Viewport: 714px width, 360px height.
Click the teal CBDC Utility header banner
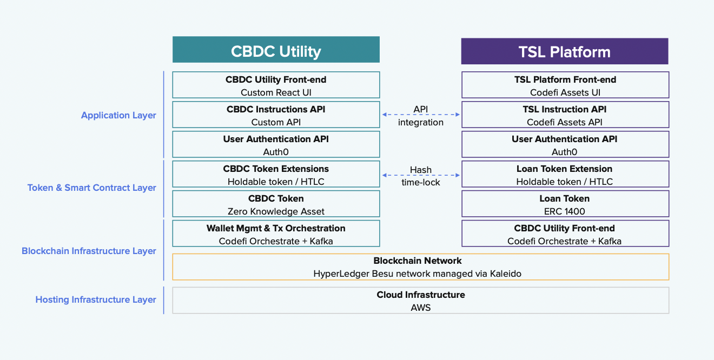pyautogui.click(x=276, y=51)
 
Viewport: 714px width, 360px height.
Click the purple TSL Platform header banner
pyautogui.click(x=564, y=52)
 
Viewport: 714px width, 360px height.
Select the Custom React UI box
pyautogui.click(x=276, y=85)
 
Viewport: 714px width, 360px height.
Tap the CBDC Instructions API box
pyautogui.click(x=276, y=115)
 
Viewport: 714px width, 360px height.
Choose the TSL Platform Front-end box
pyautogui.click(x=565, y=85)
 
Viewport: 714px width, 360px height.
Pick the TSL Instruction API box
pyautogui.click(x=565, y=115)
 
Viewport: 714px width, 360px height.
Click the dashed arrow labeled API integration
pyautogui.click(x=420, y=115)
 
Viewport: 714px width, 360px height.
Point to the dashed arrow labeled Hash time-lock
pyautogui.click(x=420, y=175)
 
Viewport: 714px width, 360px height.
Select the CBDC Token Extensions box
pyautogui.click(x=276, y=175)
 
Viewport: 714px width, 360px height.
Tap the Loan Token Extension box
pyautogui.click(x=565, y=175)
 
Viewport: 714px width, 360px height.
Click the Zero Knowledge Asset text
pyautogui.click(x=276, y=211)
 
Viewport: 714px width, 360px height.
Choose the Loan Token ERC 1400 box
pyautogui.click(x=565, y=204)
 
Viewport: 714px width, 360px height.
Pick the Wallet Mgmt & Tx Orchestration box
pyautogui.click(x=276, y=234)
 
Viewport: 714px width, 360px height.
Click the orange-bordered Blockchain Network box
pyautogui.click(x=420, y=267)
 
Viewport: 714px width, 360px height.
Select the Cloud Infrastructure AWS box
pyautogui.click(x=420, y=301)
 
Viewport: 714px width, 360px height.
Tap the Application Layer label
pyautogui.click(x=118, y=115)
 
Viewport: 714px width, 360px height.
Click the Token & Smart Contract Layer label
pyautogui.click(x=92, y=188)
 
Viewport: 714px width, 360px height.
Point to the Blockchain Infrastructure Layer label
pyautogui.click(x=89, y=251)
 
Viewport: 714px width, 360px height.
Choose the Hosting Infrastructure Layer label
pyautogui.click(x=96, y=299)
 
